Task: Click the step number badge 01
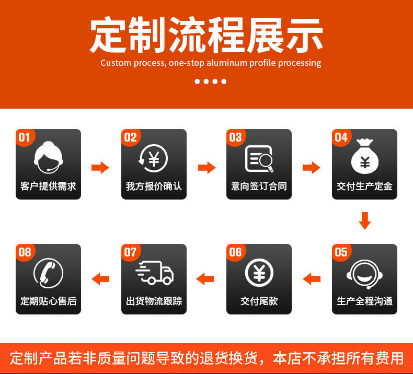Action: point(24,137)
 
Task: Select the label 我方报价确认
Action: point(154,186)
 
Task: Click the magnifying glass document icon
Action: point(260,158)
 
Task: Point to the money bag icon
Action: point(365,157)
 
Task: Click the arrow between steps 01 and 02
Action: point(100,168)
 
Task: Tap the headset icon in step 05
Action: point(365,273)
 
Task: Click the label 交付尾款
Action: point(259,301)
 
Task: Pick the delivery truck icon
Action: point(154,273)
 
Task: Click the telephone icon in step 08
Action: point(48,273)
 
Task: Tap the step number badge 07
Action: point(130,252)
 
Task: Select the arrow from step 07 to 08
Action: point(100,279)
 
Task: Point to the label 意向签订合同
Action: point(259,186)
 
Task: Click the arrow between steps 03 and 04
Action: point(312,168)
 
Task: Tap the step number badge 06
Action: point(235,252)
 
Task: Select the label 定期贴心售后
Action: point(48,301)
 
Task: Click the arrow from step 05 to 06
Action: point(312,279)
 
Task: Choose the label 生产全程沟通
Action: point(365,301)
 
